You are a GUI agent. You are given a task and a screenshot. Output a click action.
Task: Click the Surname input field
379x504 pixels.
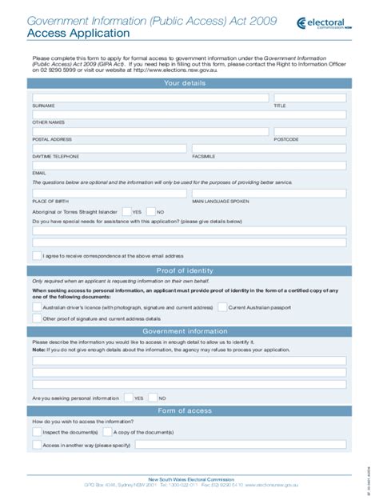pos(150,98)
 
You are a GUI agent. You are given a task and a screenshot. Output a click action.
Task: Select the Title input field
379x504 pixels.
pos(309,98)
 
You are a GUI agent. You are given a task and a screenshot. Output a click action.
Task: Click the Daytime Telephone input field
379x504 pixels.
pos(109,148)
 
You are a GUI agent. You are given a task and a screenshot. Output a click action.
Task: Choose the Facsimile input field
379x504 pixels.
pos(269,148)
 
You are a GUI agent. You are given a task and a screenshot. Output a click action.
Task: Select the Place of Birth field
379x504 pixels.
pos(109,193)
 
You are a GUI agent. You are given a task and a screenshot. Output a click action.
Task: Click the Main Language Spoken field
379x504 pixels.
pos(269,193)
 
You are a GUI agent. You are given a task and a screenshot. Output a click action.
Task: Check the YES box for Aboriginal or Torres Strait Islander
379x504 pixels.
pos(127,211)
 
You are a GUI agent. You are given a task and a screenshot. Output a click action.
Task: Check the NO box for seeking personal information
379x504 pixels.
pos(152,397)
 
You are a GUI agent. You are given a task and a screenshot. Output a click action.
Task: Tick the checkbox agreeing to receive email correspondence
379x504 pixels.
pos(37,256)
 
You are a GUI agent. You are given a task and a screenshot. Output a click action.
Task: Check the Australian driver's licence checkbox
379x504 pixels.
pos(37,306)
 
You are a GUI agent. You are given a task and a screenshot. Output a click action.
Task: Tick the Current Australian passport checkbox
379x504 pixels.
pos(222,306)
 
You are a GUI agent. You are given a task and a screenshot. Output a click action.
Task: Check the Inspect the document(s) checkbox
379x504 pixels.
pos(37,432)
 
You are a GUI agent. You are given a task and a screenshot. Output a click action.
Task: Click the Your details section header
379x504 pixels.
pos(189,82)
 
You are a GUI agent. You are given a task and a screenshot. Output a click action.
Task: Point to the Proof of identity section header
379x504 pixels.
pos(189,270)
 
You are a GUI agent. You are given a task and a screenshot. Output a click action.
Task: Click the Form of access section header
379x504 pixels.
pos(189,410)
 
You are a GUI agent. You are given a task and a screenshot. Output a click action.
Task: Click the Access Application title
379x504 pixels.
pos(78,34)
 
